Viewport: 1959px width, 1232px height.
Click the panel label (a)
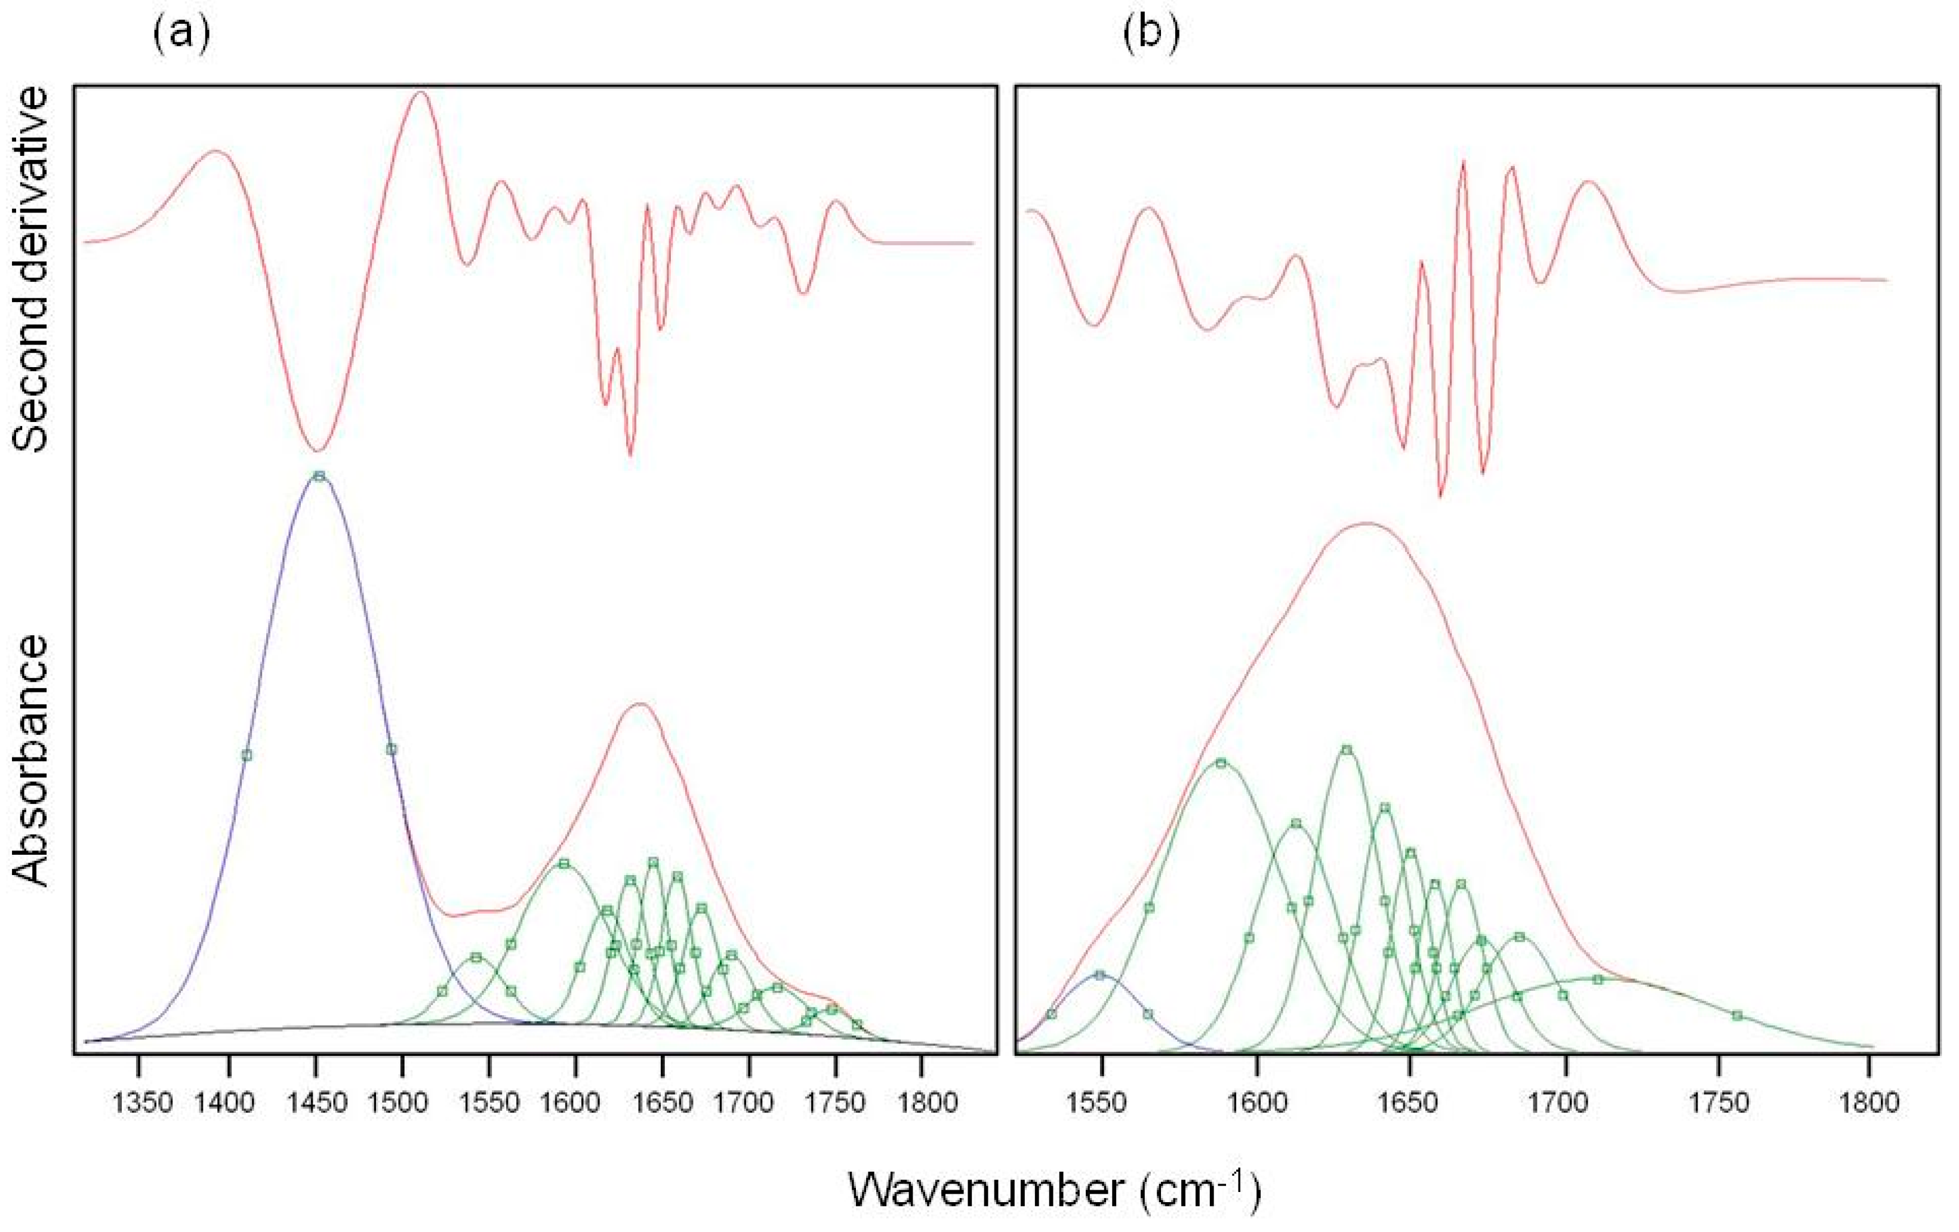pos(181,34)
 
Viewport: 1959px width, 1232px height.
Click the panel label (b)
pos(1150,34)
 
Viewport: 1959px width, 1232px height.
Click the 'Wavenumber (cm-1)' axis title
pos(1054,1190)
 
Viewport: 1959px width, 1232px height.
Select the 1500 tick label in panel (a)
pos(403,1104)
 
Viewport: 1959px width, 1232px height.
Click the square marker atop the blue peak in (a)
pos(320,476)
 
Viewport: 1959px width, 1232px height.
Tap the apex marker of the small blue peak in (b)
pos(1100,975)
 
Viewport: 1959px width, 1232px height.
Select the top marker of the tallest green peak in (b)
pos(1347,750)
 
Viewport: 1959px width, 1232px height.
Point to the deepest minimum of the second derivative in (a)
pos(318,451)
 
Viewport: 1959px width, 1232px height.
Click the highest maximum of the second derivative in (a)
pos(421,92)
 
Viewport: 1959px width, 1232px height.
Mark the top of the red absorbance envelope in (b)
pos(1367,523)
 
